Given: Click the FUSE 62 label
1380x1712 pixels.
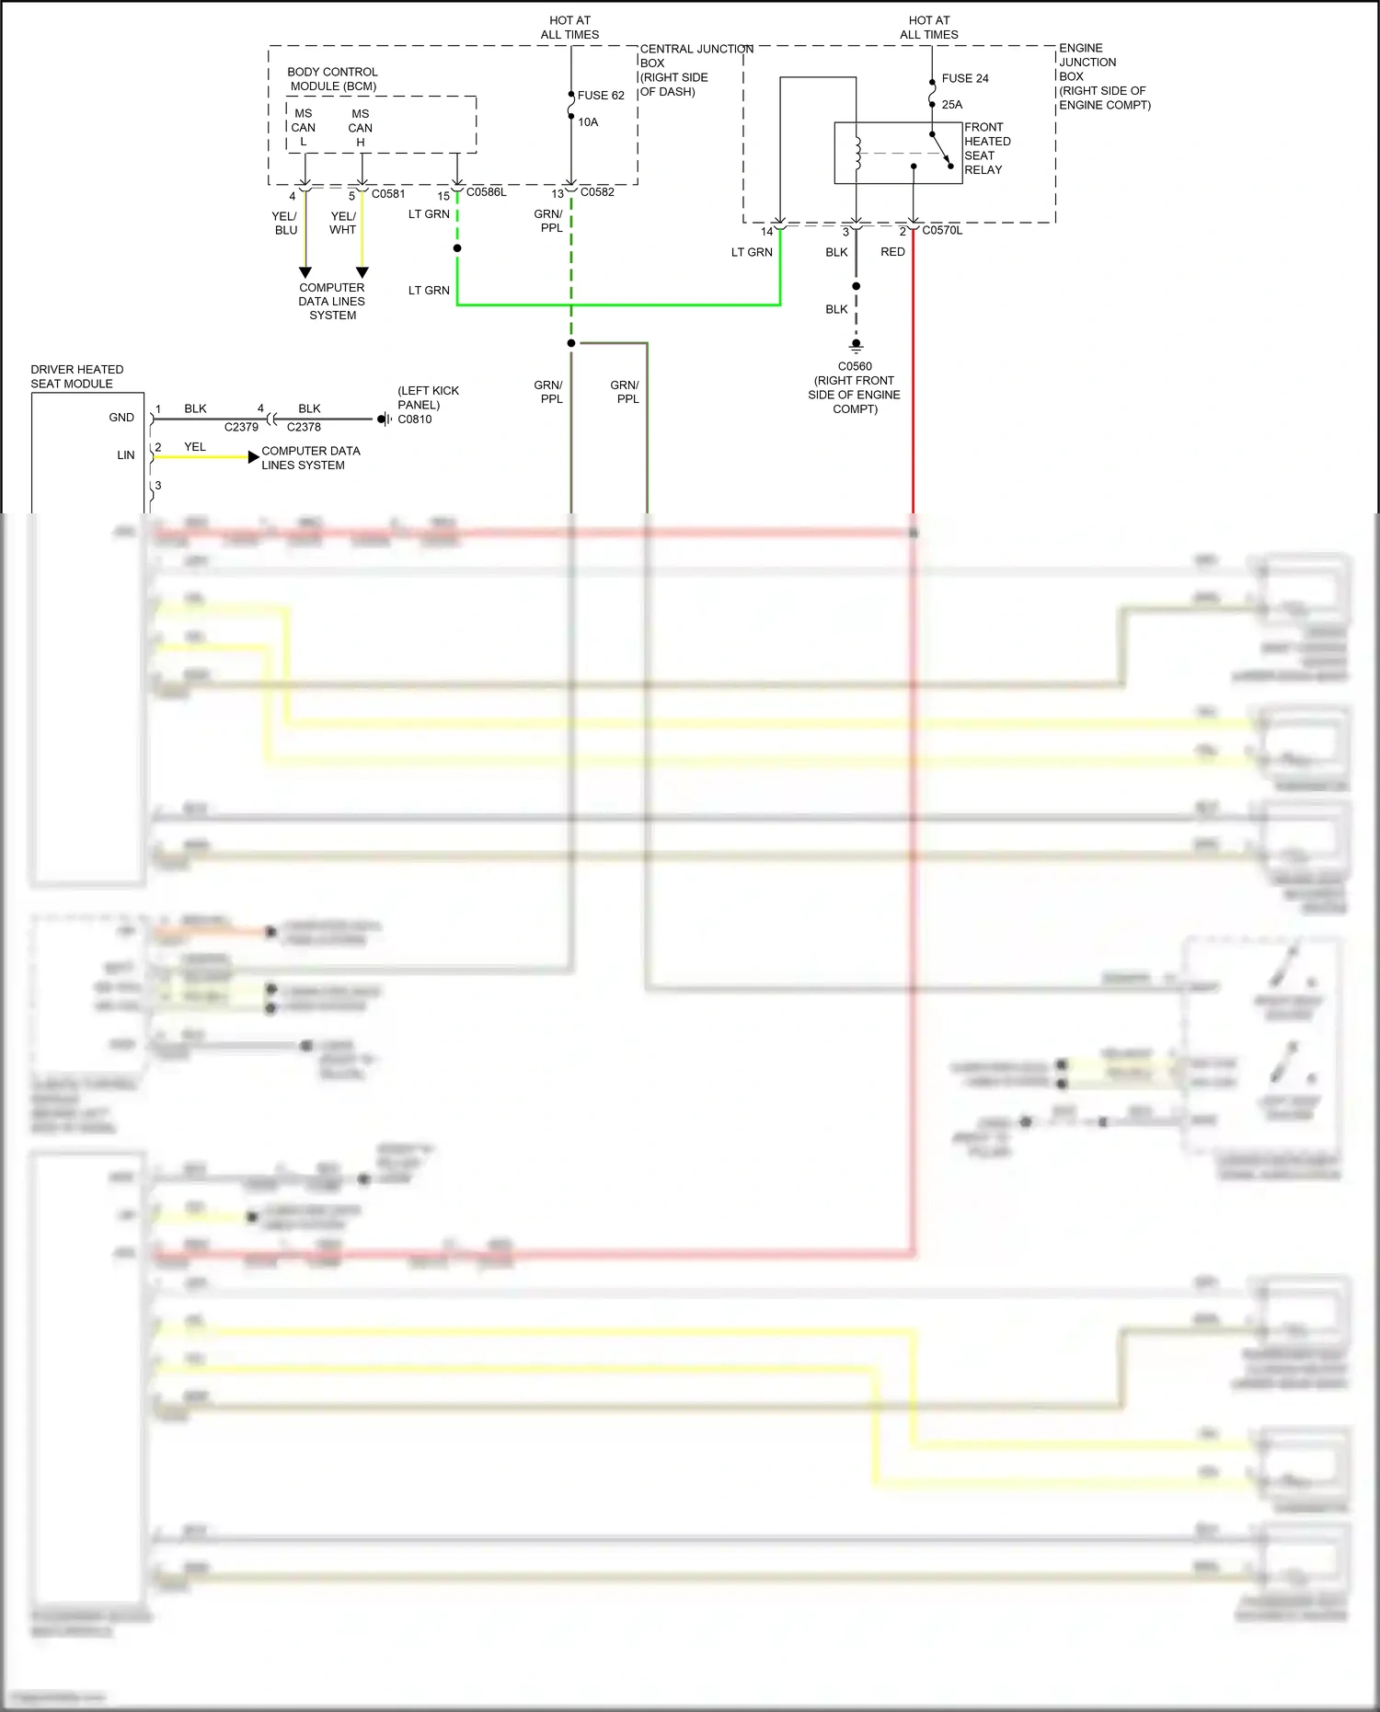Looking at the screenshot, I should coord(600,96).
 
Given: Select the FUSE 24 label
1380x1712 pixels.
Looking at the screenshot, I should coord(964,79).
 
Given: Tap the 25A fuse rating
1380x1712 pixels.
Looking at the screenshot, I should coord(951,105).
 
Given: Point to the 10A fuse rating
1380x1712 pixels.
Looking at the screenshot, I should coord(588,122).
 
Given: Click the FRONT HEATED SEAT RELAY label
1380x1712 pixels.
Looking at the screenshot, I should coord(987,149).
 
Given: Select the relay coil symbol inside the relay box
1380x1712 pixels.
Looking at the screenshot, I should coord(857,154).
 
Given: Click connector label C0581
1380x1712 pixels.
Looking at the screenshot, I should coord(388,194).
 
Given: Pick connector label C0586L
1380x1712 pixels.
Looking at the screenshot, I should coord(486,192).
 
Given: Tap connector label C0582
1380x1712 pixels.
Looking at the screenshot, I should coord(597,192).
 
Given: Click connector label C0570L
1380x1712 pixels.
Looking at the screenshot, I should coord(942,231).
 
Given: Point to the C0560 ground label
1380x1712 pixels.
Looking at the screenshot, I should coord(855,366).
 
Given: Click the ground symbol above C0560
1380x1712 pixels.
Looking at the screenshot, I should coord(856,347).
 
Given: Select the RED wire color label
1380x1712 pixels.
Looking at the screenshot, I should coord(892,252).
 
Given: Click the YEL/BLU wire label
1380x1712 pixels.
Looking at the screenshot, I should coord(285,224).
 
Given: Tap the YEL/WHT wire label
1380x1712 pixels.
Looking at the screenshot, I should coord(342,224).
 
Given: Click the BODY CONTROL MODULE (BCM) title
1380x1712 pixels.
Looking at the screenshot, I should coord(332,79).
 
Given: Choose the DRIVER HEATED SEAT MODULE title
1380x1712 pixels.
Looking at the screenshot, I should coord(76,376).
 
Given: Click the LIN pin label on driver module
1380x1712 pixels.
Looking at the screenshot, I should coord(125,455).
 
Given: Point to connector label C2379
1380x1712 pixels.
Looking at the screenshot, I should coord(241,428).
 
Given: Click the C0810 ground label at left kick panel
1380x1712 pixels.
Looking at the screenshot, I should coord(414,419).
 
